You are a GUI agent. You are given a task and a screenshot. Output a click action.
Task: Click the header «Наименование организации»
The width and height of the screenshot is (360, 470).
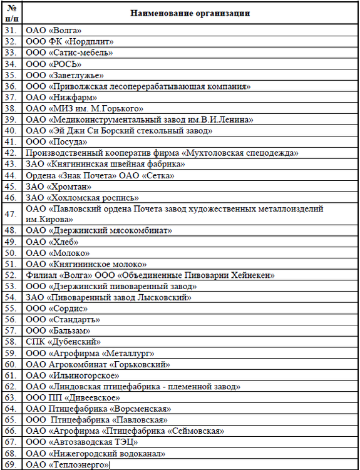[x=192, y=13]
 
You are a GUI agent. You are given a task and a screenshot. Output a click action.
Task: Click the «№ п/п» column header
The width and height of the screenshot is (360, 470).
[x=12, y=13]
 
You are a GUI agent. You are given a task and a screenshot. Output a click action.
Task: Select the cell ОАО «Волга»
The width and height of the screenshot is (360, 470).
[x=54, y=30]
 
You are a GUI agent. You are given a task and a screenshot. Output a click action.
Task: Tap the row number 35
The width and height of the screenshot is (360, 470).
[x=11, y=75]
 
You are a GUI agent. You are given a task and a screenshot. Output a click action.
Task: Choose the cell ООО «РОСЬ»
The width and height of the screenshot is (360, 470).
[x=54, y=64]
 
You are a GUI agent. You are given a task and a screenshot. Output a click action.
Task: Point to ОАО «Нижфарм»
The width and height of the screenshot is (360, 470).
[x=61, y=97]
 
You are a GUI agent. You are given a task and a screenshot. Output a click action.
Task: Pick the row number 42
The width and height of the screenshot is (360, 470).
[x=11, y=153]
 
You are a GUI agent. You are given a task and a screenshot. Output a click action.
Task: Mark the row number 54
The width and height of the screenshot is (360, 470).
[x=11, y=297]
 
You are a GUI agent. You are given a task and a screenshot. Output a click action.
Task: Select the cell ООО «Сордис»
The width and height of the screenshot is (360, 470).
[x=56, y=309]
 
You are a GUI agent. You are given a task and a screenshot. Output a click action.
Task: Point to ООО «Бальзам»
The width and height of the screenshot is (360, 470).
[x=58, y=330]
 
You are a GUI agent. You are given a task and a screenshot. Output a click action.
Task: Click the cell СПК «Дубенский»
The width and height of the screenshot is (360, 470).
[x=63, y=342]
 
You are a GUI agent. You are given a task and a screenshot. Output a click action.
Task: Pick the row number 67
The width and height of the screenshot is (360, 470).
[x=11, y=442]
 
